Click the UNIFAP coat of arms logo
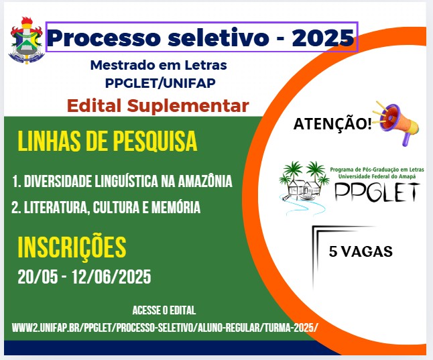[27, 40]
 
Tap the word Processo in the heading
[104, 38]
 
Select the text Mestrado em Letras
[158, 65]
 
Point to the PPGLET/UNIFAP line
[160, 82]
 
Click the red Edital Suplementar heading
[158, 106]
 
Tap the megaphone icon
[396, 123]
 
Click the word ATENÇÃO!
[332, 123]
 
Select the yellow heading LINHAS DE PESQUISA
[107, 141]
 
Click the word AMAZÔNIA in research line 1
[205, 182]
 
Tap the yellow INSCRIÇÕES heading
[72, 247]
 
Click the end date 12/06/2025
[111, 277]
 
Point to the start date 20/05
[38, 277]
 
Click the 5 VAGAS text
[361, 251]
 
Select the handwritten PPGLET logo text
[377, 192]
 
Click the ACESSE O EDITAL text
[164, 310]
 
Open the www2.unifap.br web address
[165, 328]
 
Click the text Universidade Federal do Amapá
[377, 176]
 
